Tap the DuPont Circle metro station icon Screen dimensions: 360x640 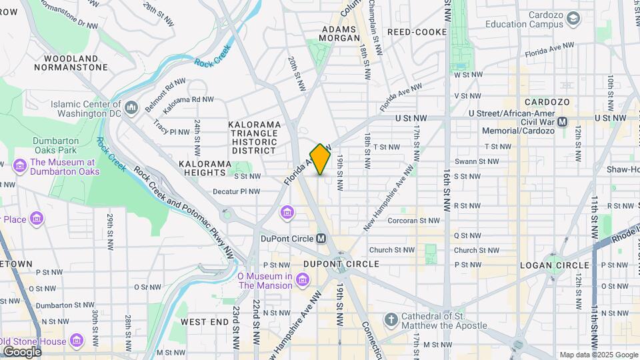click(x=321, y=238)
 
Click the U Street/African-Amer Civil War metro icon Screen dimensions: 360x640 click(x=562, y=121)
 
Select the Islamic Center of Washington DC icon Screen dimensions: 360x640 click(x=131, y=107)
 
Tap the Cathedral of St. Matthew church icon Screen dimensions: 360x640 click(x=391, y=320)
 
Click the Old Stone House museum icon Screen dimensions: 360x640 click(x=77, y=342)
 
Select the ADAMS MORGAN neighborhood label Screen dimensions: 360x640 click(x=341, y=33)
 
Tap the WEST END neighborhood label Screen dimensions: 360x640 click(x=205, y=321)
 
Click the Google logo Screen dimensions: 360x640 click(x=21, y=351)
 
